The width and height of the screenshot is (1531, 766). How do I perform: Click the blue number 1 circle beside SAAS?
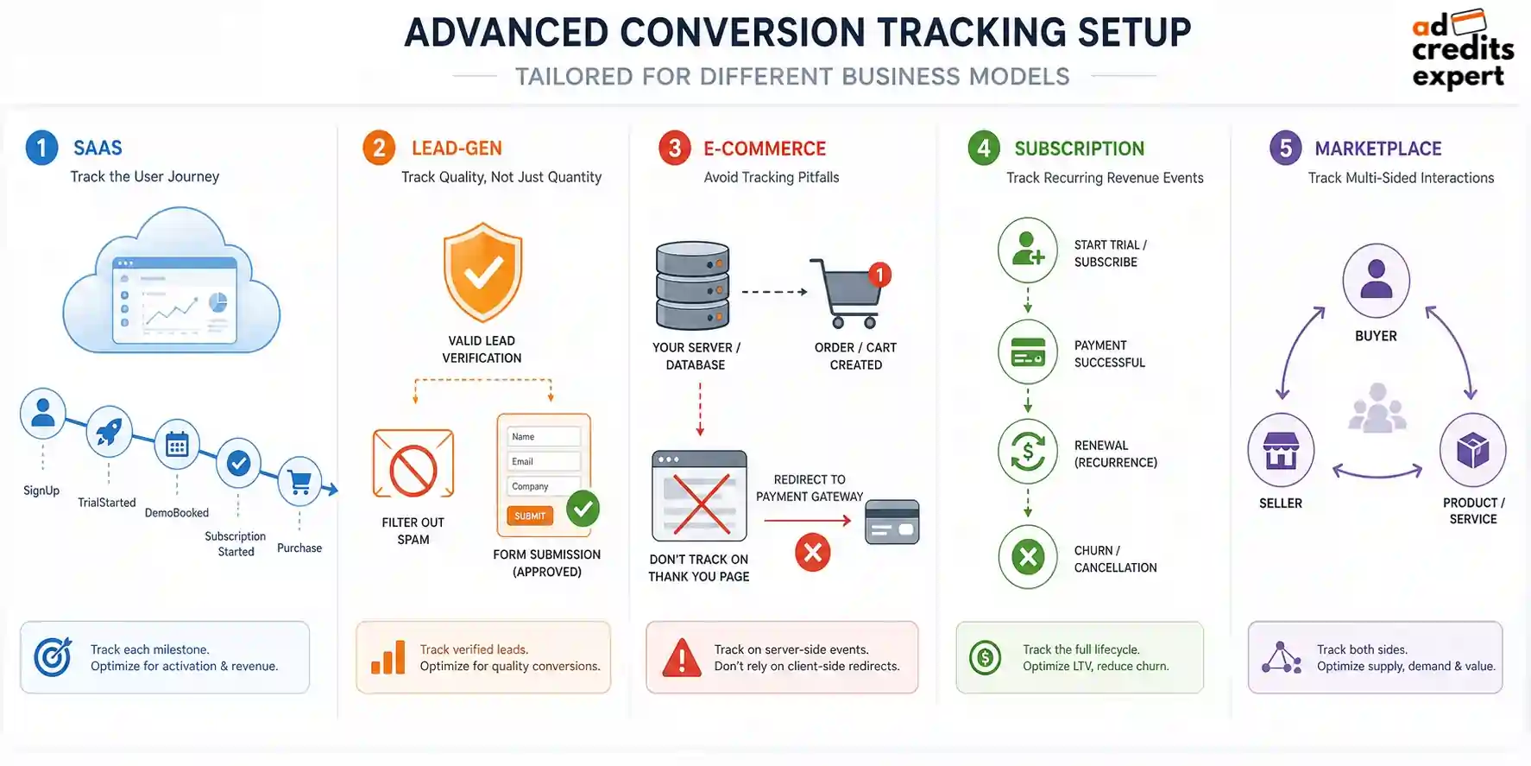coord(41,148)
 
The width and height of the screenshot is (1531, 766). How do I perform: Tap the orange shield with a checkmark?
coord(482,272)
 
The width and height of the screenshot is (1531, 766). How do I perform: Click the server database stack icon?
coord(693,286)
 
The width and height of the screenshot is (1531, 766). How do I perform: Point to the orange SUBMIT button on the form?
coord(530,516)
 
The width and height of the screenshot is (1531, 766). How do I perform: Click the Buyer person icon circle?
coord(1376,282)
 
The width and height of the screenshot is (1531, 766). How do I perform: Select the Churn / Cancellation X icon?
coord(1028,557)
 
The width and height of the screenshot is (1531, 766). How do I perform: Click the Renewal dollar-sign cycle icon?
coord(1028,451)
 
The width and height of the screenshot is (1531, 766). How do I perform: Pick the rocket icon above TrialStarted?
coord(109,431)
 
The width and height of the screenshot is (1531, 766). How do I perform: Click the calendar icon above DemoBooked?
coord(177,445)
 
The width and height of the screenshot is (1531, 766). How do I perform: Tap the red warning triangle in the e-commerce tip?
coord(682,658)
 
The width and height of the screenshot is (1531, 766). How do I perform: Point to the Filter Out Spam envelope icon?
coord(413,464)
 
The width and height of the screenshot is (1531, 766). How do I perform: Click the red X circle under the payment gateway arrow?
coord(812,553)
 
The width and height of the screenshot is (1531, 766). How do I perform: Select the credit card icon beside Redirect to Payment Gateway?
coord(892,522)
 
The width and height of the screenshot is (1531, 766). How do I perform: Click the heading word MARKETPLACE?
coord(1378,149)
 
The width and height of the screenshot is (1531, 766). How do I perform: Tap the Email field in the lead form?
coord(544,461)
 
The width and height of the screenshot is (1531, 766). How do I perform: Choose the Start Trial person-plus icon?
coord(1028,250)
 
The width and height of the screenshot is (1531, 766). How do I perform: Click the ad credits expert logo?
coord(1462,50)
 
